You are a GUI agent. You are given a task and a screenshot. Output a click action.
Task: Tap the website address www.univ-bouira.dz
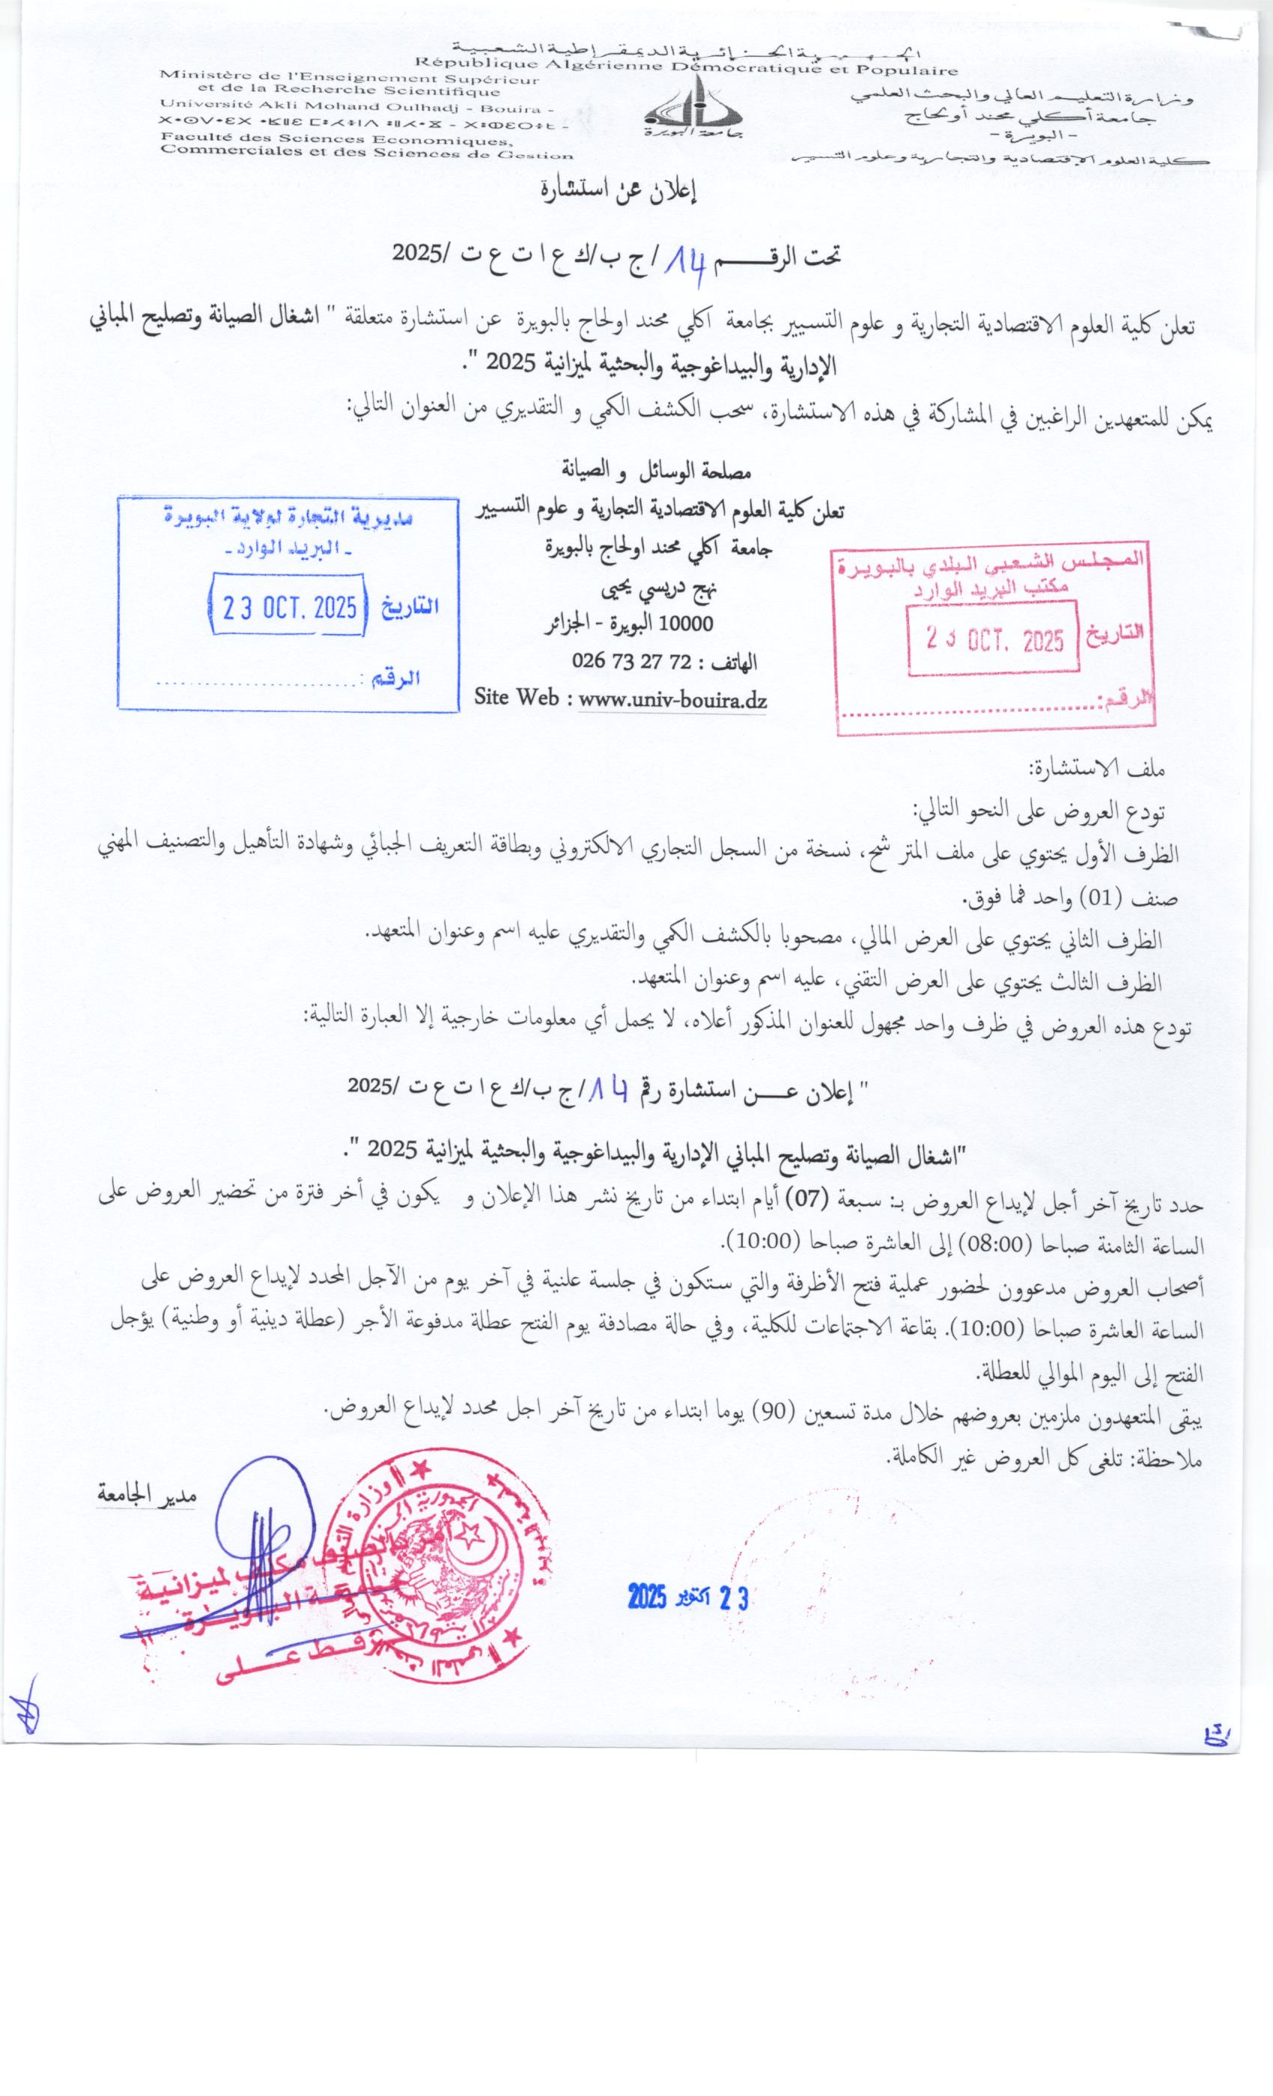pyautogui.click(x=672, y=700)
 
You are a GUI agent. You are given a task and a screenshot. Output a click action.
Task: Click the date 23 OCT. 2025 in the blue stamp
pyautogui.click(x=289, y=607)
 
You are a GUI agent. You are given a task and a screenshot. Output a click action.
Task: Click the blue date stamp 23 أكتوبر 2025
pyautogui.click(x=687, y=1597)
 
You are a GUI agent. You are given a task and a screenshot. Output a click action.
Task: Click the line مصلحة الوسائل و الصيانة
pyautogui.click(x=655, y=469)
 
